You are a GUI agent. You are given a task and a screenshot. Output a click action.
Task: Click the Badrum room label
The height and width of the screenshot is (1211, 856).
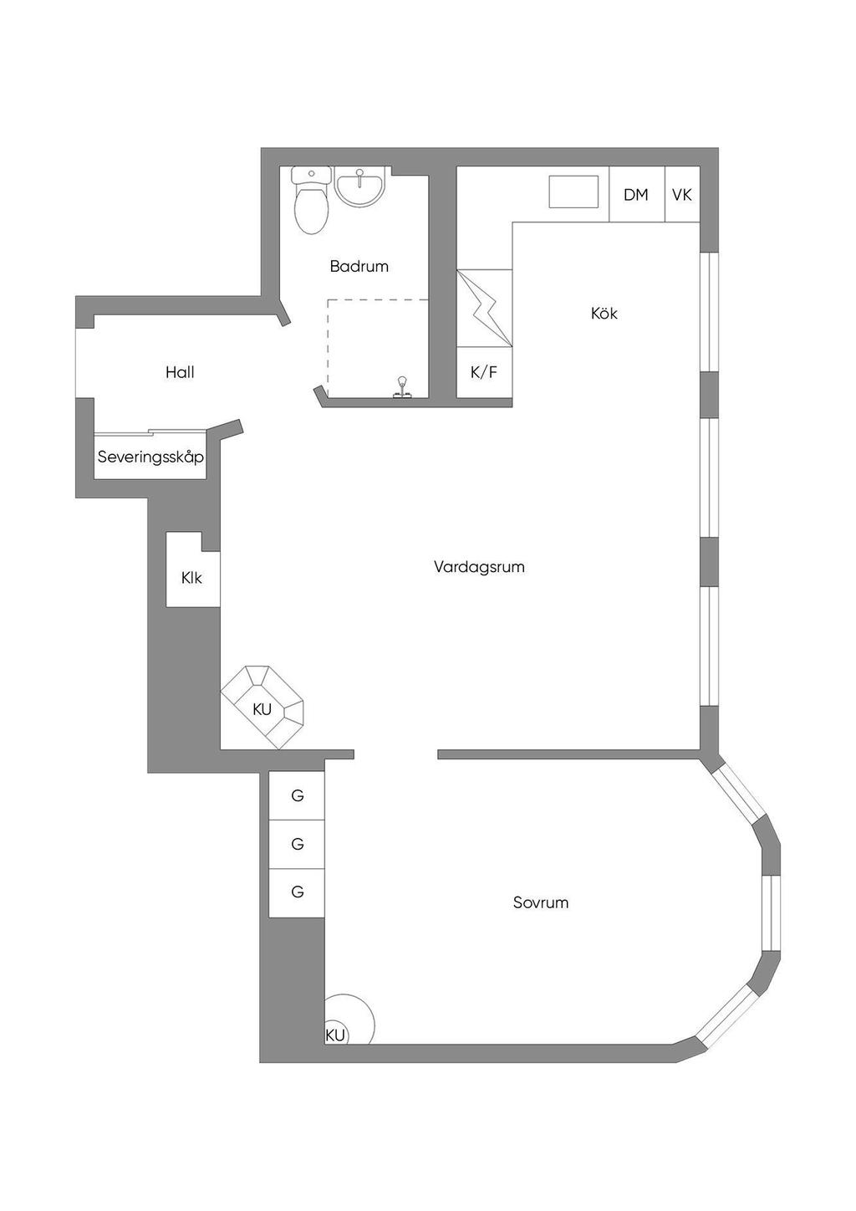[359, 266]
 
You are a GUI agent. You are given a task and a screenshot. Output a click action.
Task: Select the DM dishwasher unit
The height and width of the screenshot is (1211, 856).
[637, 194]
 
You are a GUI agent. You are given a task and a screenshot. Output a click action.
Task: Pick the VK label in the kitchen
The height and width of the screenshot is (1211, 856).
[682, 195]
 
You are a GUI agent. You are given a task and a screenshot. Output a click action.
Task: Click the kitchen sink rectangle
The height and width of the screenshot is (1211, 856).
[573, 192]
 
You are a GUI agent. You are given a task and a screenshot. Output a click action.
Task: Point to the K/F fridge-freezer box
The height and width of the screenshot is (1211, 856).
[484, 372]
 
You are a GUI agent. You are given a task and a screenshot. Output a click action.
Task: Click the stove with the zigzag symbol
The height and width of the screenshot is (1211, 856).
[484, 308]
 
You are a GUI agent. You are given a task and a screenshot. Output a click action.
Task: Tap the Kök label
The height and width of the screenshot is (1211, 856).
[604, 314]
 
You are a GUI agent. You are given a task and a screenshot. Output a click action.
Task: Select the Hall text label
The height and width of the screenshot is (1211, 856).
[180, 372]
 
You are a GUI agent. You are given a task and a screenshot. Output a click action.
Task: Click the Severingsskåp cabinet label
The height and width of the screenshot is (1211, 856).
[150, 457]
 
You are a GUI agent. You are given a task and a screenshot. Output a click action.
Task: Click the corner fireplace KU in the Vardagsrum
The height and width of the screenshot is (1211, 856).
[262, 708]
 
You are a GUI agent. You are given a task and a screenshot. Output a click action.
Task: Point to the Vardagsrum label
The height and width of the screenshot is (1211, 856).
[479, 567]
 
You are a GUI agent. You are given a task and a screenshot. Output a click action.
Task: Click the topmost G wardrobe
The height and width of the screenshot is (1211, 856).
[298, 795]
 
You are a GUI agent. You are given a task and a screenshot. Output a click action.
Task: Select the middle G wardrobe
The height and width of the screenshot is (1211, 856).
[298, 843]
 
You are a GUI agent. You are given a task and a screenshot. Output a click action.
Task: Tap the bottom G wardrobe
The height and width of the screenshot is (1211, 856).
[298, 892]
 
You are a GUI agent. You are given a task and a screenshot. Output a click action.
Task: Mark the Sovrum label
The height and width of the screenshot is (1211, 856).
[541, 903]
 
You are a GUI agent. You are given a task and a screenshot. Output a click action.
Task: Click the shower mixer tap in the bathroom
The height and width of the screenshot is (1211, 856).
[401, 387]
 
